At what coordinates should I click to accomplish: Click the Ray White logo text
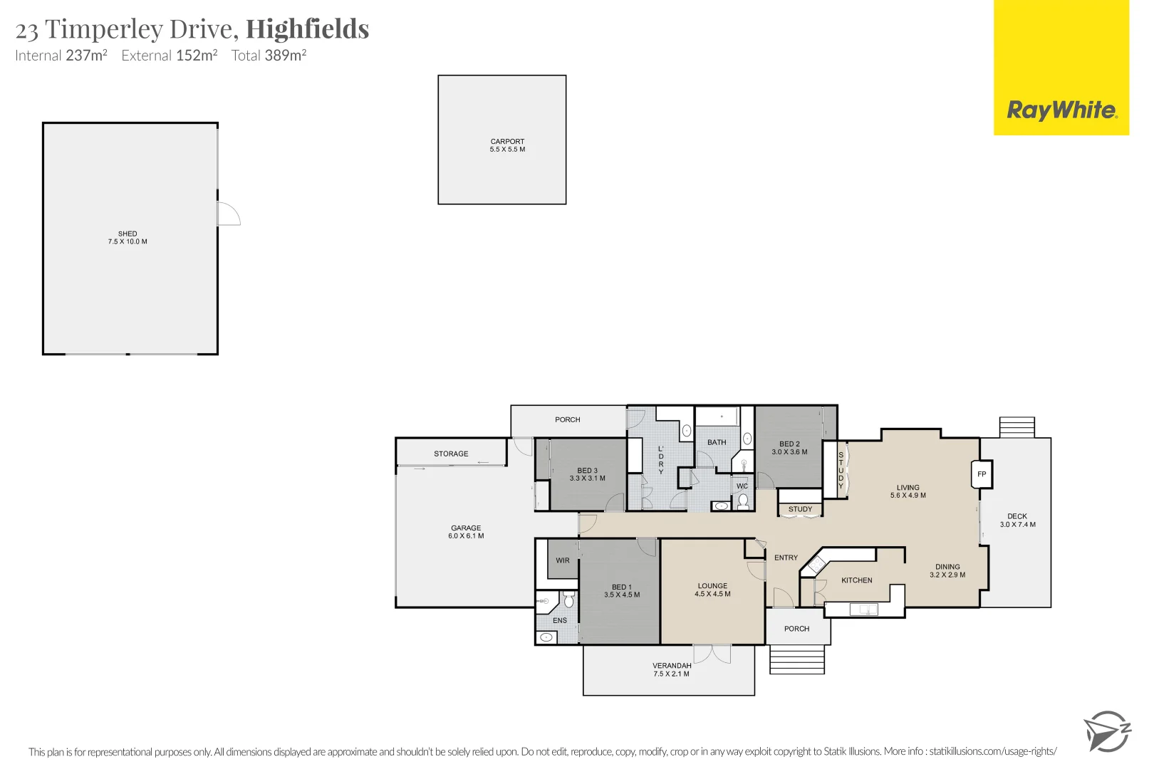tap(1061, 110)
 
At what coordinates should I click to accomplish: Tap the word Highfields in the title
tap(307, 29)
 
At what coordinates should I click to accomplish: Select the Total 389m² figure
tap(269, 56)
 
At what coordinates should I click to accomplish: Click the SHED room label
tap(128, 237)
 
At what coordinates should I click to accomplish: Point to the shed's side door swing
tap(229, 214)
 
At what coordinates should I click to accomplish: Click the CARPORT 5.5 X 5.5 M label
tap(507, 145)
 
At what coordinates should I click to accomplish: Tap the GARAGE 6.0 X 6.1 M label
tap(466, 532)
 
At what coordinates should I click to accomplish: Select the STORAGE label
tap(451, 454)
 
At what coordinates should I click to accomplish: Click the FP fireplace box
tap(982, 474)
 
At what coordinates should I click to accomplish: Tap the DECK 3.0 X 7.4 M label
tap(1017, 520)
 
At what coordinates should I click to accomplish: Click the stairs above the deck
tap(1017, 427)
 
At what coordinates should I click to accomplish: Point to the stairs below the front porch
tap(797, 659)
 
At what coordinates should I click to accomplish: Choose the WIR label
tap(563, 560)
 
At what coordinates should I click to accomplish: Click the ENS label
tap(560, 620)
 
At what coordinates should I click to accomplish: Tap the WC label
tap(742, 486)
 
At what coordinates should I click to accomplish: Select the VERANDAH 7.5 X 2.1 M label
tap(671, 669)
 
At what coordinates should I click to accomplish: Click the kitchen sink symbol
tap(863, 610)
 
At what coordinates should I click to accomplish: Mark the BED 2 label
tap(789, 447)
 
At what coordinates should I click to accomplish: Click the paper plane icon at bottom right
tap(1106, 731)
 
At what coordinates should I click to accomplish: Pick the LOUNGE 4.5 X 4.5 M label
tap(712, 590)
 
